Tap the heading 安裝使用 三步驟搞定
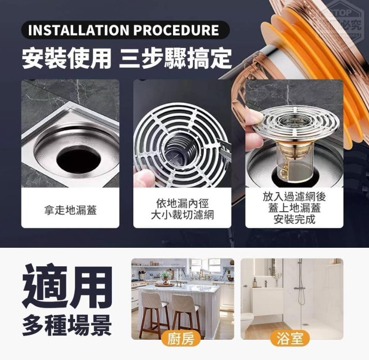126,59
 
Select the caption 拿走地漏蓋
70,210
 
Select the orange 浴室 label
291,339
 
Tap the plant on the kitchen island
165,276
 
